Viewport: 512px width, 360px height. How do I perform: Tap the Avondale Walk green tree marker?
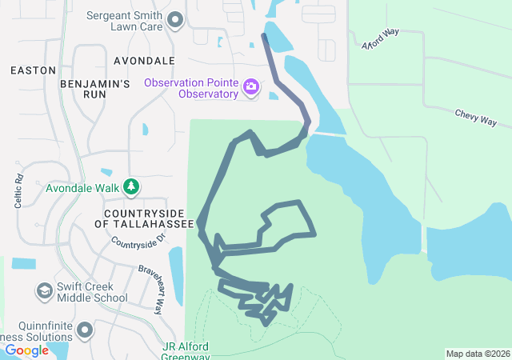(x=131, y=188)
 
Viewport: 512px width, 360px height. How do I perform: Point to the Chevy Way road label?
(x=476, y=118)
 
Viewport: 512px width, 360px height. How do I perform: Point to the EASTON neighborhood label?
(x=34, y=70)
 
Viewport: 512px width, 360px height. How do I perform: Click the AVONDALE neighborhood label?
(x=144, y=61)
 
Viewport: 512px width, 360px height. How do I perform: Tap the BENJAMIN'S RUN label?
(x=94, y=89)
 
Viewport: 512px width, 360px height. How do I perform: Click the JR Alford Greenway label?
(x=186, y=351)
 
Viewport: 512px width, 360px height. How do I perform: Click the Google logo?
(x=26, y=350)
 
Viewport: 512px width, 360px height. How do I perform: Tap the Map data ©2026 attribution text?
(x=477, y=354)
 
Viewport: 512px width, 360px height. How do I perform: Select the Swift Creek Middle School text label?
(x=92, y=292)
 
